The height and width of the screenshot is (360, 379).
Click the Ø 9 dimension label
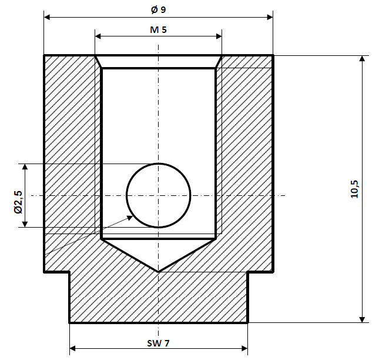click(158, 9)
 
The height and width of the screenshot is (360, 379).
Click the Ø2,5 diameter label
click(18, 201)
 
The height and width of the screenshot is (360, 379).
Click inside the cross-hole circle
click(158, 195)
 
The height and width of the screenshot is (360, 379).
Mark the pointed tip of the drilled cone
click(158, 271)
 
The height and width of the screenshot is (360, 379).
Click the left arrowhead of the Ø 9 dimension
click(48, 17)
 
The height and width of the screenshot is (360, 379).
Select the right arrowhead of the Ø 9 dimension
click(269, 17)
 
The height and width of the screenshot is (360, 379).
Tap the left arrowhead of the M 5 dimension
click(99, 36)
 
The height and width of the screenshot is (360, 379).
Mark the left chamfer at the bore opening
click(99, 62)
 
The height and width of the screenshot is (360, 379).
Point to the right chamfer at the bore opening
click(219, 62)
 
